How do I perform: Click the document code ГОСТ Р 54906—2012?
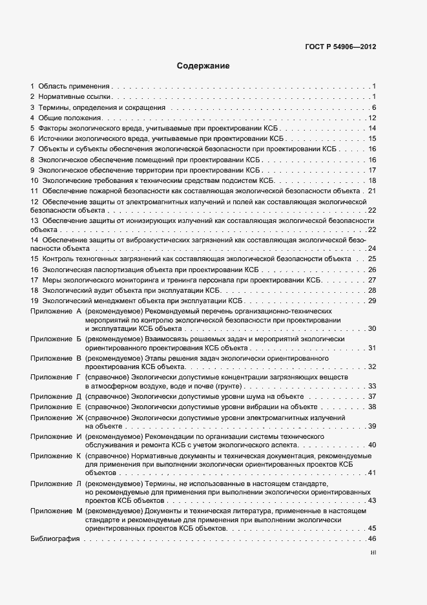point(340,47)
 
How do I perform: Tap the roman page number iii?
point(372,553)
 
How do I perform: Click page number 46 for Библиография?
point(371,539)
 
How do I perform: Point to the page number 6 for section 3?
point(374,107)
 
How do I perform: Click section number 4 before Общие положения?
point(32,118)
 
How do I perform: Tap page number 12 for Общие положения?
point(371,118)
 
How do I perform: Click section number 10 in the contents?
point(34,180)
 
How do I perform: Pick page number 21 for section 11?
point(371,191)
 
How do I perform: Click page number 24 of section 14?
point(371,248)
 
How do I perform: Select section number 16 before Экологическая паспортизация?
point(34,270)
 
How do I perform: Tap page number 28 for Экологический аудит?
point(371,290)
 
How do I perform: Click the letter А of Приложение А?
point(79,312)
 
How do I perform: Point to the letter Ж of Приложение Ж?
point(79,417)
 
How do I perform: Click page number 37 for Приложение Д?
point(371,396)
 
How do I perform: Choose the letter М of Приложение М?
point(79,511)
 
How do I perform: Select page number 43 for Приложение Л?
point(371,500)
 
